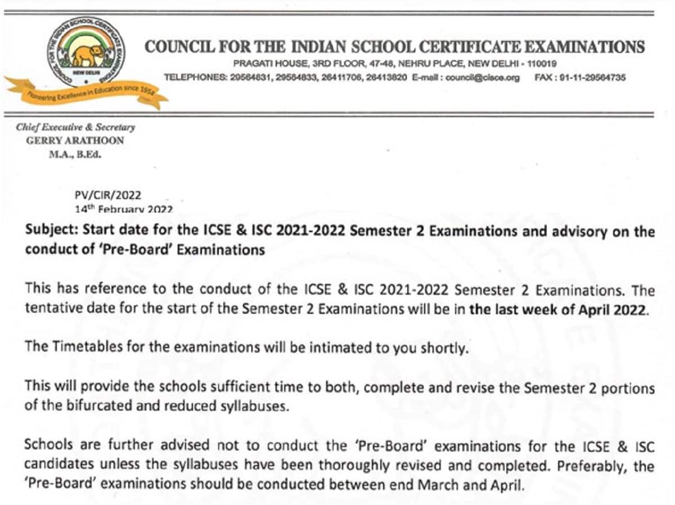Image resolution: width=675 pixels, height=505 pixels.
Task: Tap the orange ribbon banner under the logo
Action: pos(84,96)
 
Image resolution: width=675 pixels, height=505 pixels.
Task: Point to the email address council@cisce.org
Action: pos(482,78)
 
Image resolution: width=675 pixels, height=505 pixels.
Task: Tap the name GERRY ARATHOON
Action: pos(75,141)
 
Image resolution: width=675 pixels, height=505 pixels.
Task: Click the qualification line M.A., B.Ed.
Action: pos(75,154)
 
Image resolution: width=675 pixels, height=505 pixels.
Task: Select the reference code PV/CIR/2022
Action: pos(108,196)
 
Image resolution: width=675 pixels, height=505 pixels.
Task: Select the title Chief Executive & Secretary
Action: pos(75,128)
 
